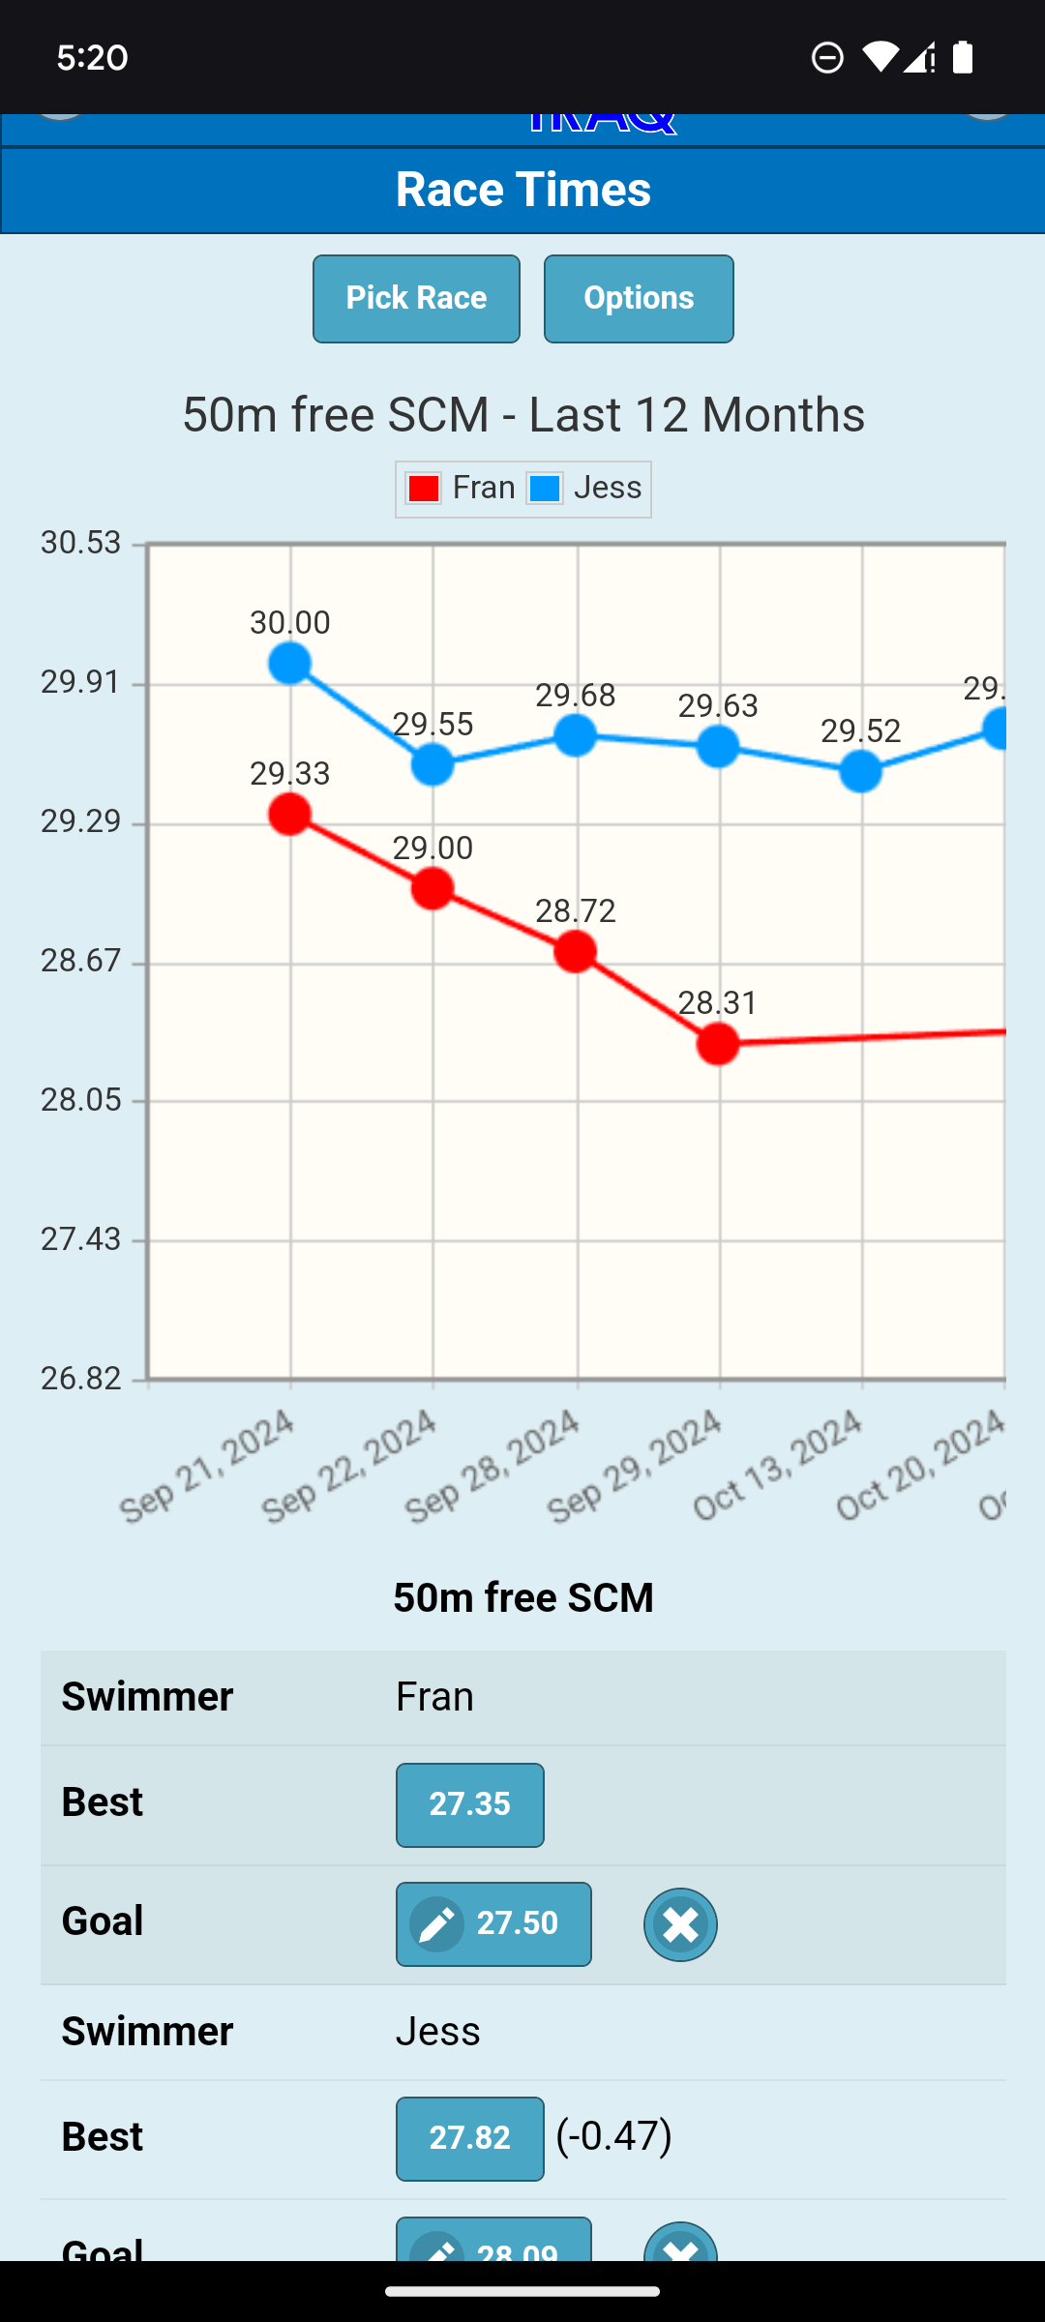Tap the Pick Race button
pyautogui.click(x=416, y=298)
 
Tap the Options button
pyautogui.click(x=639, y=298)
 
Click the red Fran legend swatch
pyautogui.click(x=424, y=489)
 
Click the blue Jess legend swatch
pyautogui.click(x=545, y=489)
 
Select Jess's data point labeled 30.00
pyautogui.click(x=290, y=664)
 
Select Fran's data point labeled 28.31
pyautogui.click(x=718, y=1044)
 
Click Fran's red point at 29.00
pyautogui.click(x=433, y=888)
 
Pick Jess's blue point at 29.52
pyautogui.click(x=860, y=771)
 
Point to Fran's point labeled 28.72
pyautogui.click(x=576, y=952)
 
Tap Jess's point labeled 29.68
pyautogui.click(x=576, y=735)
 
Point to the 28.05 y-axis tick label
pyautogui.click(x=81, y=1100)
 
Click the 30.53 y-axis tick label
pyautogui.click(x=81, y=543)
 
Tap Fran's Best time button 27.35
pyautogui.click(x=469, y=1804)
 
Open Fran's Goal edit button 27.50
pyautogui.click(x=493, y=1923)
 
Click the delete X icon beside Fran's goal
pyautogui.click(x=680, y=1924)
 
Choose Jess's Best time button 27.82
pyautogui.click(x=469, y=2138)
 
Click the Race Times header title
pyautogui.click(x=522, y=189)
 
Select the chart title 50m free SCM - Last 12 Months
pyautogui.click(x=522, y=415)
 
